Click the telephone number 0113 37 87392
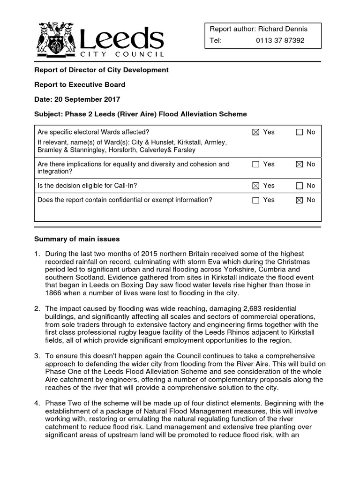click(280, 40)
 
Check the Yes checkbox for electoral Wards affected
click(255, 132)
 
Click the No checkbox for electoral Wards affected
click(299, 132)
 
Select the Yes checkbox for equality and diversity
click(255, 164)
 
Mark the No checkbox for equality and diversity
click(299, 164)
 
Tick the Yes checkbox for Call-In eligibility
click(255, 186)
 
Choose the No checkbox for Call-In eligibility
click(299, 186)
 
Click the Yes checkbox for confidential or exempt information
click(255, 200)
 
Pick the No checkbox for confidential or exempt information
click(299, 200)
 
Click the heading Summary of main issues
click(77, 239)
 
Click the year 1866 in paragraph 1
click(54, 293)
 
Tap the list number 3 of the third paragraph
click(37, 356)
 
